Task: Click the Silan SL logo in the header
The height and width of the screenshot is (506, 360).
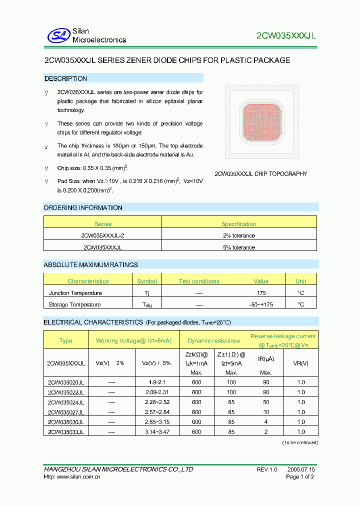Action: [x=58, y=35]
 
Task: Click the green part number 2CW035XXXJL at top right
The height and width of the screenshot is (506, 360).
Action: [x=286, y=36]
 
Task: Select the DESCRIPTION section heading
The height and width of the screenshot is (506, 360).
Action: [x=65, y=78]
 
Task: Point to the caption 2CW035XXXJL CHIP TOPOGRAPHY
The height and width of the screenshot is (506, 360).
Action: [x=260, y=174]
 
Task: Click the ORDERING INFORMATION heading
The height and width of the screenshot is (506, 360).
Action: [x=83, y=207]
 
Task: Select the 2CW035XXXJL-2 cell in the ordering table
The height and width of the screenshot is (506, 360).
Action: [x=102, y=235]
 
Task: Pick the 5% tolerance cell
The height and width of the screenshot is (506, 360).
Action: [x=238, y=247]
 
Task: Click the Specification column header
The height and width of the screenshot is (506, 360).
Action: [x=238, y=224]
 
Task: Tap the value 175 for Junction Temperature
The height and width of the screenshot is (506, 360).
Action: [x=261, y=293]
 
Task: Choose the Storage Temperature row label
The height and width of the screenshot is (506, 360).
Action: [x=74, y=304]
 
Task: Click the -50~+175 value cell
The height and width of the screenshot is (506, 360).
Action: [x=261, y=304]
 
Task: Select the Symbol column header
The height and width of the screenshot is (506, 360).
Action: [x=147, y=281]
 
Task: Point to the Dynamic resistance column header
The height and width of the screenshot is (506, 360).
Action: [x=213, y=341]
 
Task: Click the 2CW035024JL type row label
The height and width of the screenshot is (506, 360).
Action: [x=65, y=402]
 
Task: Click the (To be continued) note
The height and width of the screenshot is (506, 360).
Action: [x=299, y=443]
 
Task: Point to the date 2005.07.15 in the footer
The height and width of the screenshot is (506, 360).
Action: [x=301, y=470]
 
